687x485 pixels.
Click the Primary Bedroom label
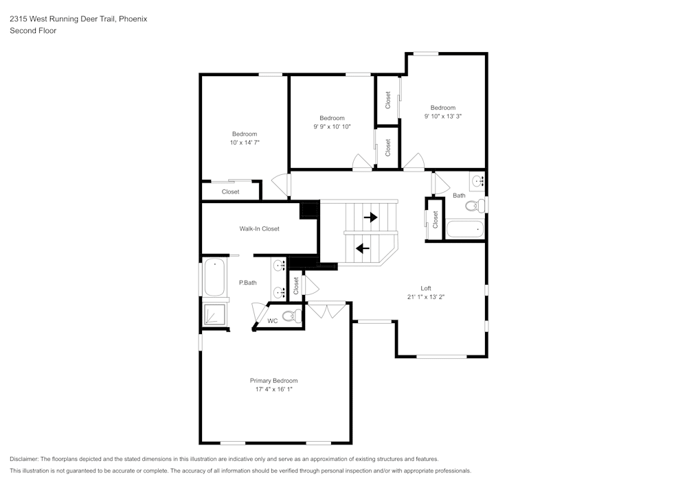pyautogui.click(x=273, y=381)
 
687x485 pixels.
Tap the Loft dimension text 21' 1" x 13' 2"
pyautogui.click(x=425, y=297)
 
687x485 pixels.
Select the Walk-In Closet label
pyautogui.click(x=259, y=228)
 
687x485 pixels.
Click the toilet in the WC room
pyautogui.click(x=293, y=316)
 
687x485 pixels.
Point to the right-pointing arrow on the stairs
pyautogui.click(x=370, y=217)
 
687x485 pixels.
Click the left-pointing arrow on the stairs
pyautogui.click(x=362, y=248)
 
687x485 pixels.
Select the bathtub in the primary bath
pyautogui.click(x=214, y=277)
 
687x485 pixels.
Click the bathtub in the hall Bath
pyautogui.click(x=465, y=229)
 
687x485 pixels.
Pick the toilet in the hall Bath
pyautogui.click(x=474, y=204)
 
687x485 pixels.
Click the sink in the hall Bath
pyautogui.click(x=477, y=181)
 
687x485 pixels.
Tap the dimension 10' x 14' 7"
pyautogui.click(x=244, y=143)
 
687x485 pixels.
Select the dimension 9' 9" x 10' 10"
pyautogui.click(x=332, y=127)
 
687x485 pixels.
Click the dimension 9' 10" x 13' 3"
pyautogui.click(x=442, y=117)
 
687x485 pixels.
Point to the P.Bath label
pyautogui.click(x=247, y=283)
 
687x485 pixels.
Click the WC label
pyautogui.click(x=272, y=321)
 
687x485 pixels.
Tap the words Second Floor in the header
pyautogui.click(x=33, y=31)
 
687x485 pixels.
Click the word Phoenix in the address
pyautogui.click(x=132, y=19)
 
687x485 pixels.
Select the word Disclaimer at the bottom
pyautogui.click(x=23, y=459)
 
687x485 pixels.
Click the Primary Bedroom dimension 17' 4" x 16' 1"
pyautogui.click(x=273, y=390)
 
